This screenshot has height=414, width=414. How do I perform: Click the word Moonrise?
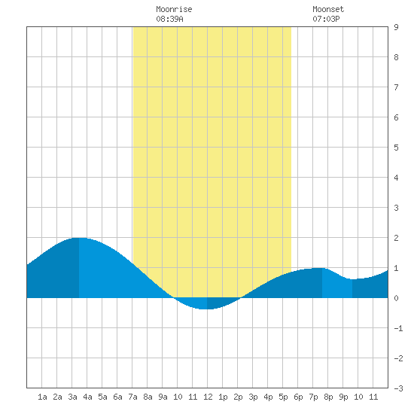coord(174,9)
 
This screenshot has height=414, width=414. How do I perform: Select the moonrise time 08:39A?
coord(169,19)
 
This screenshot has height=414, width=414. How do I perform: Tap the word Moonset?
coord(328,9)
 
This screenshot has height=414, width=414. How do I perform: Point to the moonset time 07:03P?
coord(326,19)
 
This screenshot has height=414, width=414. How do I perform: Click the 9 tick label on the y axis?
coord(396,27)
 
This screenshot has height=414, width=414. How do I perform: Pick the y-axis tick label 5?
coord(396,148)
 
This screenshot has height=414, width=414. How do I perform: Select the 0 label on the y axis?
coord(396,298)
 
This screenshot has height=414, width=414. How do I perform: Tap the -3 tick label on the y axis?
coord(398,388)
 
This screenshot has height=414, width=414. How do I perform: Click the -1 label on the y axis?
coord(398,328)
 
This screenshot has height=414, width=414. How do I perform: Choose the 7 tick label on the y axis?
coord(396,87)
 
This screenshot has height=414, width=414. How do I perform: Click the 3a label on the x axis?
coord(72,397)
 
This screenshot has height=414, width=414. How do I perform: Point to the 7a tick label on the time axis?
coord(132,397)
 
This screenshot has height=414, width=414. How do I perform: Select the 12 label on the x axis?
coord(208,397)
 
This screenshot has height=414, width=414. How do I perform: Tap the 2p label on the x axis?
coord(238,397)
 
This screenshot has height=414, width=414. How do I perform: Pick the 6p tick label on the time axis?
coord(298,397)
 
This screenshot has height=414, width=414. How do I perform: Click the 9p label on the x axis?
coord(343,397)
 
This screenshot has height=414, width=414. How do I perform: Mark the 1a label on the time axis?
coord(42,397)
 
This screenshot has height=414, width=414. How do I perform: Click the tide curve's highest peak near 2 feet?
coord(79,238)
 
